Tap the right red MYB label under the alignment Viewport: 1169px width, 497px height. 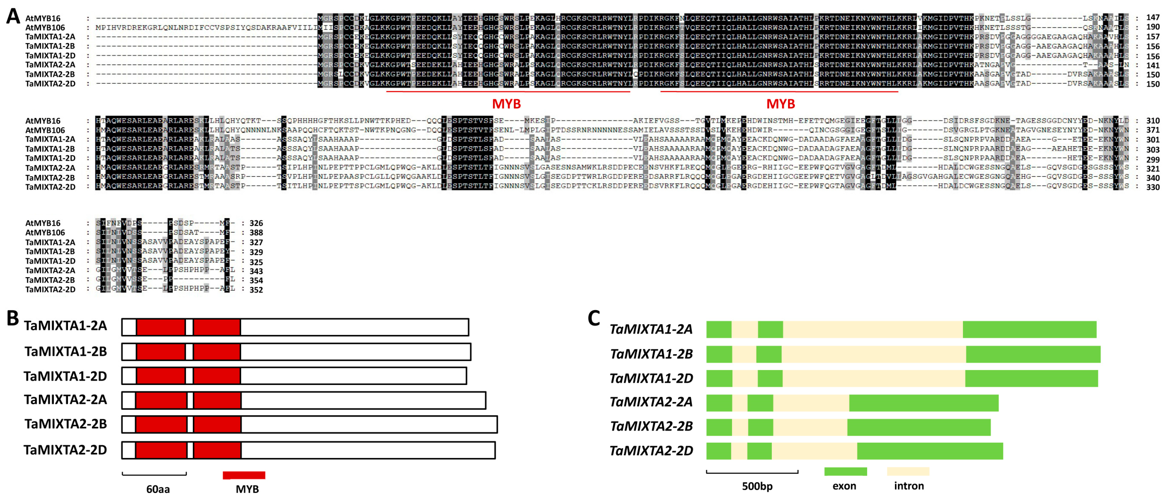[x=780, y=104]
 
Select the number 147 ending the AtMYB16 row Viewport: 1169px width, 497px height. [x=1153, y=18]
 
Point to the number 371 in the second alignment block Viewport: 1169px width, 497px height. [x=1153, y=130]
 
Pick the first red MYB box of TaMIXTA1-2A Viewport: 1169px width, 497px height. [x=161, y=327]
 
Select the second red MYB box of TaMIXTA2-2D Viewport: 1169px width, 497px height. [x=217, y=450]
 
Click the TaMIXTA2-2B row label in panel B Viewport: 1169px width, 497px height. [x=66, y=424]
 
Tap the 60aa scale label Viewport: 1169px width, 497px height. [x=158, y=489]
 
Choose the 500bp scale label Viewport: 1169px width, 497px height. [x=757, y=486]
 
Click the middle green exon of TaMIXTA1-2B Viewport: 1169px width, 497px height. [x=769, y=354]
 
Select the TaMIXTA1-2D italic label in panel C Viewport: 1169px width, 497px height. [x=651, y=378]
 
